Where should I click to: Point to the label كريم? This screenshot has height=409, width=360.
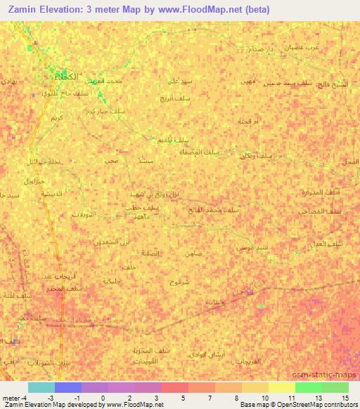pos(55,117)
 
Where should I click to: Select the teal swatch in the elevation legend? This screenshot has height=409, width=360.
pos(41,387)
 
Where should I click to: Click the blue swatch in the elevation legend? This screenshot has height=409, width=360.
pos(68,387)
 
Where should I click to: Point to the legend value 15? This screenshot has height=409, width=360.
pos(345,398)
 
